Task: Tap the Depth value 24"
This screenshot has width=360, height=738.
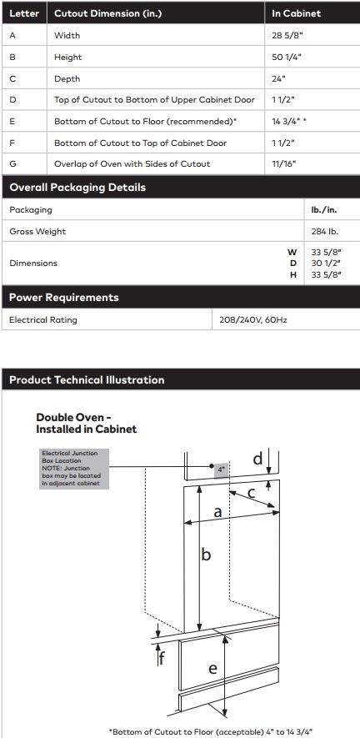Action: coord(278,78)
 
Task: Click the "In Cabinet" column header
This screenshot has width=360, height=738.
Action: coord(296,14)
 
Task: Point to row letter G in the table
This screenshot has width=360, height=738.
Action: coord(12,164)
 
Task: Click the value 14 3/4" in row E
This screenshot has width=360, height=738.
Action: coord(287,122)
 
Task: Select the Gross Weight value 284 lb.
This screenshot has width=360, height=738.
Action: coord(323,231)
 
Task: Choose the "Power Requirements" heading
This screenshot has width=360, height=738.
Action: coord(64,298)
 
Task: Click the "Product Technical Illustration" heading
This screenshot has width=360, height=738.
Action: coord(87,380)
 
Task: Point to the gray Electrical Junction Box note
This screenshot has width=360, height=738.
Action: coord(73,469)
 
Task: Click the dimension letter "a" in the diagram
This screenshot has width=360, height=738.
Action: coord(218,512)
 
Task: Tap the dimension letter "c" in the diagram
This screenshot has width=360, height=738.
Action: coord(252,493)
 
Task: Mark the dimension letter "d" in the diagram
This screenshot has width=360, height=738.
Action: coord(257,459)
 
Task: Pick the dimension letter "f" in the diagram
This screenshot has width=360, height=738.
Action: coord(162,658)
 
